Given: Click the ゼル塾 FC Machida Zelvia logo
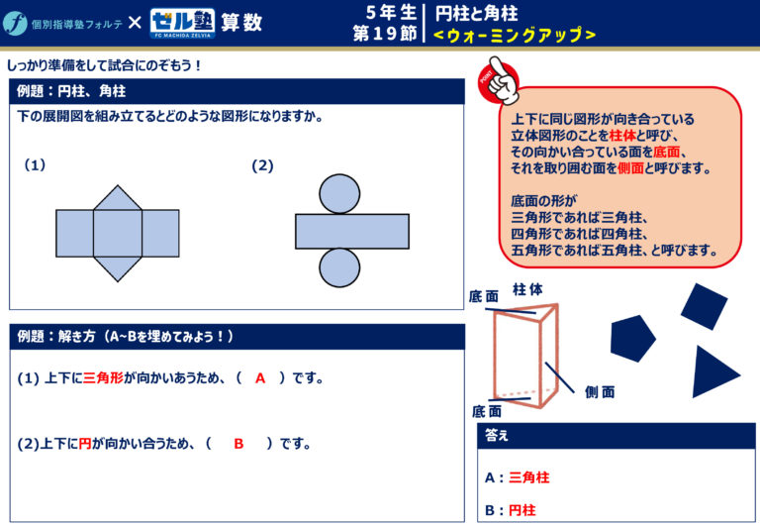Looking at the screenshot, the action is pos(182,24).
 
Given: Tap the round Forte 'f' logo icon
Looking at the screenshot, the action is pos(15,23).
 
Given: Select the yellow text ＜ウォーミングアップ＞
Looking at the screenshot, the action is pos(515,35).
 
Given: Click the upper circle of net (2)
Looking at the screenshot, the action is pos(339,194).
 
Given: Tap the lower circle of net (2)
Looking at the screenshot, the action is pos(339,267).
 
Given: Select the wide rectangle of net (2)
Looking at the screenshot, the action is pos(352,232).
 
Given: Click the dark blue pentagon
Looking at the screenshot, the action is pos(632,338).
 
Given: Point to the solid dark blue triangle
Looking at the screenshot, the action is pos(712,372).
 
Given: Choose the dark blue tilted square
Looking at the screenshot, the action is pos(704,307).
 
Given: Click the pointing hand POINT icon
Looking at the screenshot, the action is pos(499,80).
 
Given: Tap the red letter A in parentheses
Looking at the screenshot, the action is pos(260,378).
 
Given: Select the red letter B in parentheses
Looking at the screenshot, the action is pos(238,444).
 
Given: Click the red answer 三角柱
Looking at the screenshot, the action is pos(529,477).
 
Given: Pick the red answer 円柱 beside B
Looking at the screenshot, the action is pos(522,510).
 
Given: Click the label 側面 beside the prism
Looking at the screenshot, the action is pos(600,391).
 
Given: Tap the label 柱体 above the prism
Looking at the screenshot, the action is pos(527,289).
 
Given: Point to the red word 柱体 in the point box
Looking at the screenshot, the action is pos(622,136).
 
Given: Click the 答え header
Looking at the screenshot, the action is pos(497,435).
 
